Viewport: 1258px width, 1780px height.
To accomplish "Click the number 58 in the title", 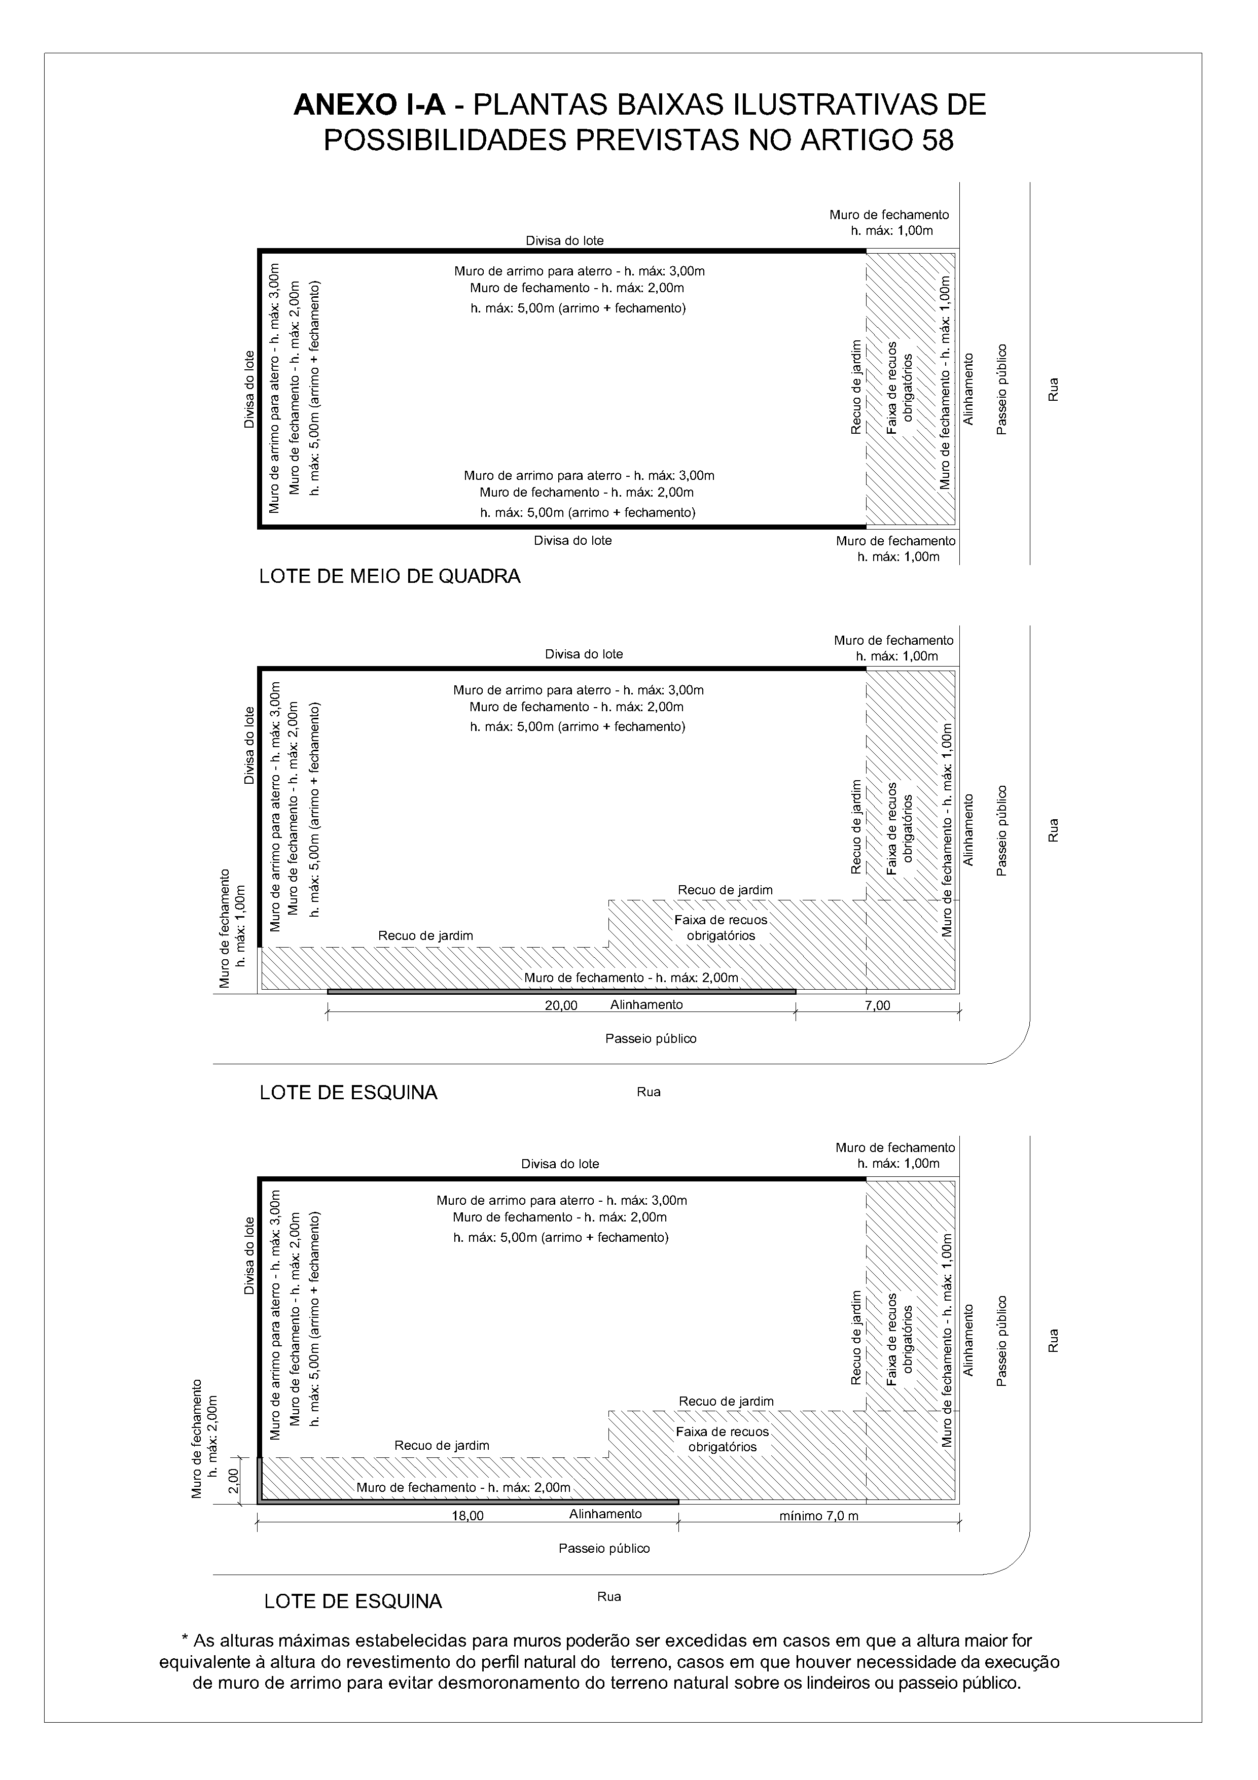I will (935, 141).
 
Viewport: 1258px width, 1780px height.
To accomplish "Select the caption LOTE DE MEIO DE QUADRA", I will (390, 577).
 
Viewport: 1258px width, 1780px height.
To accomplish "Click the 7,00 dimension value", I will (877, 1006).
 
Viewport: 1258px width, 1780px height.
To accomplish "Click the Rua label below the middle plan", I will (648, 1092).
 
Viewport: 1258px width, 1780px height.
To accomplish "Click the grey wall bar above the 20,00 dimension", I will (561, 992).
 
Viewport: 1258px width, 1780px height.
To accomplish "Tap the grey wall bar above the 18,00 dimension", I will (468, 1502).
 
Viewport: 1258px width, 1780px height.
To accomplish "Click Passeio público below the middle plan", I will (651, 1039).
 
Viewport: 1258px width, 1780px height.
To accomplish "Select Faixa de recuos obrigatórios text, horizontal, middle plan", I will (720, 927).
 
